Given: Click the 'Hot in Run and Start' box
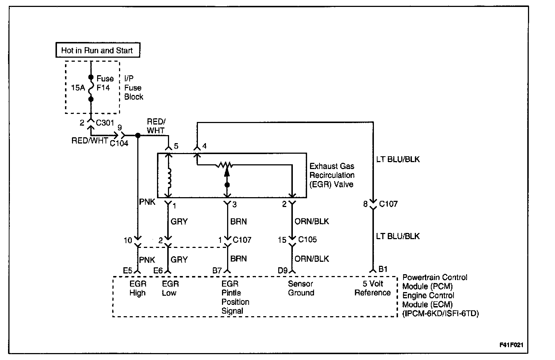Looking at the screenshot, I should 97,50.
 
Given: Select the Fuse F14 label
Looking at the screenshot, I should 105,83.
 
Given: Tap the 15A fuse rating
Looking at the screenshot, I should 77,88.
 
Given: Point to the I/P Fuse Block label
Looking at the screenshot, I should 133,88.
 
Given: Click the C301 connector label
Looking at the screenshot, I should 105,123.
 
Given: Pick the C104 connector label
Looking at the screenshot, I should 119,143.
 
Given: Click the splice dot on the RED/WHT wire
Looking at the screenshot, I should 138,135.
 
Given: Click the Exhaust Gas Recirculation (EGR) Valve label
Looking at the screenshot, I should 332,175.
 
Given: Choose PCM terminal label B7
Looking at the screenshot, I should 217,271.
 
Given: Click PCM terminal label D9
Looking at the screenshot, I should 283,271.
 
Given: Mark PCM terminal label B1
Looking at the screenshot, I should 383,269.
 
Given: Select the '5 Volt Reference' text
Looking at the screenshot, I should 372,288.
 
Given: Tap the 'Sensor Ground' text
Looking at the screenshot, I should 301,288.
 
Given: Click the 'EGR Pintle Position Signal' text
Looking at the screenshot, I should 235,297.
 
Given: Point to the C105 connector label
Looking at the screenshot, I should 307,240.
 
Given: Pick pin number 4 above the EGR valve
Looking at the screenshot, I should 204,146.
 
